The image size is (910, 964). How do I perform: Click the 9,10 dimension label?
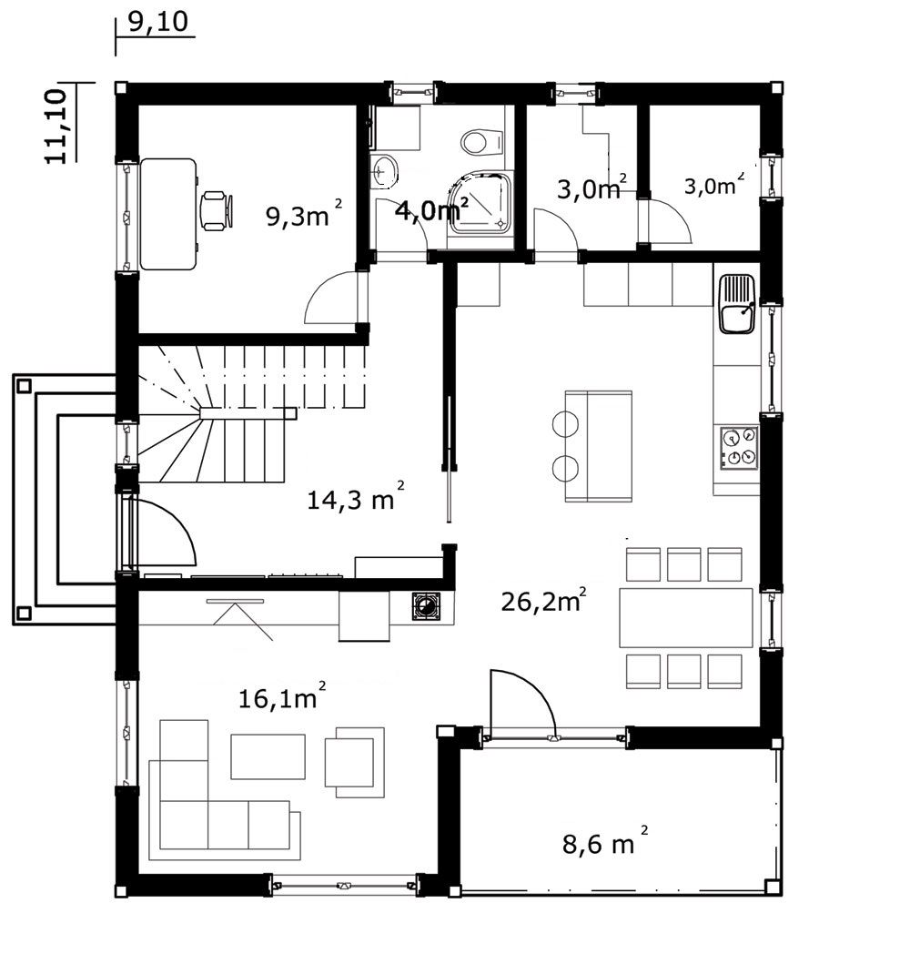tap(158, 22)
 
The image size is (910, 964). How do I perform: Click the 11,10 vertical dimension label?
tap(56, 126)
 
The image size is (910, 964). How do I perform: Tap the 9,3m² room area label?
tap(304, 213)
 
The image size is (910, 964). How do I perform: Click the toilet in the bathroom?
tap(481, 142)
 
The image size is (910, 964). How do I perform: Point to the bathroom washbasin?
tap(385, 168)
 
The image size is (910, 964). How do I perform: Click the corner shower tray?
tap(481, 203)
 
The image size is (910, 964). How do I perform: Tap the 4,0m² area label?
tap(431, 209)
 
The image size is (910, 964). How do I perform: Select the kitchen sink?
tap(737, 304)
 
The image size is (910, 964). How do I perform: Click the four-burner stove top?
tap(739, 448)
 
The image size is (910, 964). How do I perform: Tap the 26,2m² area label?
tap(543, 599)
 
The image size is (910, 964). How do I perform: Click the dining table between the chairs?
tap(686, 617)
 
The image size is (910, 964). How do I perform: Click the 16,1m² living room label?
tap(281, 696)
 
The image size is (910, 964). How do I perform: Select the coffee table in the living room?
tap(268, 756)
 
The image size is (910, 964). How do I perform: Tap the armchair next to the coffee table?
tap(355, 762)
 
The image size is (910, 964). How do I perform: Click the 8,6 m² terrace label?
tap(604, 841)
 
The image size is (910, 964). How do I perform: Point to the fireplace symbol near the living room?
tap(426, 606)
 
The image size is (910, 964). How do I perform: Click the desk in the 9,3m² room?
tap(168, 214)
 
